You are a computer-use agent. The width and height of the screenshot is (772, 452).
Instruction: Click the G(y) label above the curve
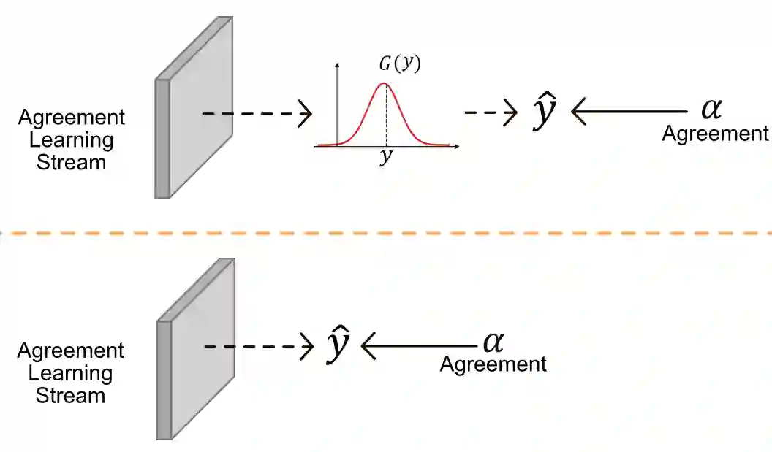(x=399, y=64)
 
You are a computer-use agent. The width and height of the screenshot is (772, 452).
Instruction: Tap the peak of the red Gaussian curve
(x=385, y=83)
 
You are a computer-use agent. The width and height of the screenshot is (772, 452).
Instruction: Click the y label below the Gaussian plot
(x=385, y=158)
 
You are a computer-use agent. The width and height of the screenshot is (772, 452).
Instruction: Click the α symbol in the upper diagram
(x=711, y=110)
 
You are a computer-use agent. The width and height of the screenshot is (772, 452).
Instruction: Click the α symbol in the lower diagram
(x=493, y=341)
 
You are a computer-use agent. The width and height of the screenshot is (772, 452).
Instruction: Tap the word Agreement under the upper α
(x=715, y=134)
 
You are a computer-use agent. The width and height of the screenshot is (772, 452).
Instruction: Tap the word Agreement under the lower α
(x=493, y=364)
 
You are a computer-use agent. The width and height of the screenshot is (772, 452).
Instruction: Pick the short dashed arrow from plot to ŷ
(x=491, y=113)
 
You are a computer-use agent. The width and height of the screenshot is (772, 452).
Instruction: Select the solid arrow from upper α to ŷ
(x=629, y=112)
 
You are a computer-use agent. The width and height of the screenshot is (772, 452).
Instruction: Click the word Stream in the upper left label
(x=71, y=162)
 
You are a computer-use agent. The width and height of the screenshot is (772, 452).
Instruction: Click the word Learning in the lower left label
(x=71, y=373)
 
